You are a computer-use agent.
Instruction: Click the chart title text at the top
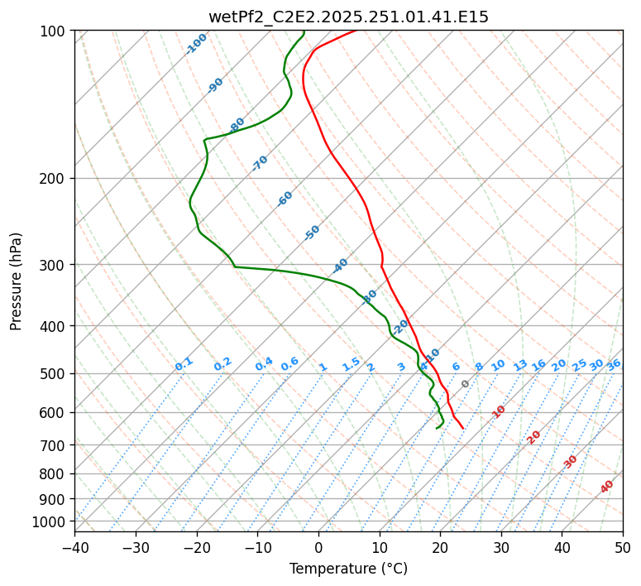tap(348, 17)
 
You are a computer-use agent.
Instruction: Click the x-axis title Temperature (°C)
tap(348, 569)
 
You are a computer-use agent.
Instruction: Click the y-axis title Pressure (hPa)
tap(17, 281)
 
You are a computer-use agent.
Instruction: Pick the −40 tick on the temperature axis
tap(74, 547)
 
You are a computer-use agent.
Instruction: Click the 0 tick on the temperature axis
tap(318, 547)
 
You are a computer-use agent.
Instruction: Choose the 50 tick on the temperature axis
tap(623, 547)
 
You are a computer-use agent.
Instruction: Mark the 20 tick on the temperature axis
tap(440, 547)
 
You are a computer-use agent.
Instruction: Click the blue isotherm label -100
tap(196, 44)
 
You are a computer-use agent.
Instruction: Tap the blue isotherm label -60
tap(285, 199)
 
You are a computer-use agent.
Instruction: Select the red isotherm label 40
tap(607, 487)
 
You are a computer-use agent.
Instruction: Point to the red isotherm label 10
tap(499, 411)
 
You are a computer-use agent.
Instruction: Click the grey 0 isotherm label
tap(466, 384)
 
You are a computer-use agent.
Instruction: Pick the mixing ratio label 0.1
tap(184, 364)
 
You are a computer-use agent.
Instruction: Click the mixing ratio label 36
tap(614, 364)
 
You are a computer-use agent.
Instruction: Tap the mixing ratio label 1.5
tap(351, 364)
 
